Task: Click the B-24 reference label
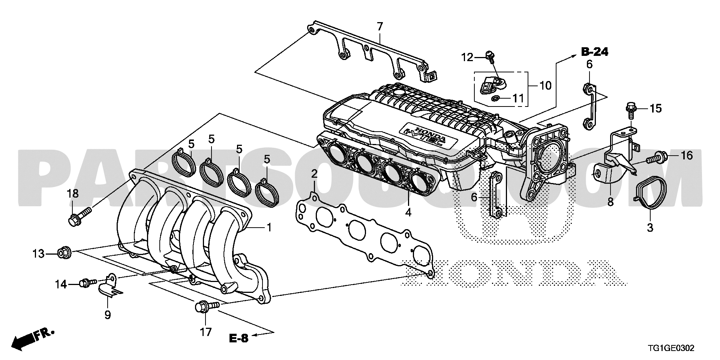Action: [594, 52]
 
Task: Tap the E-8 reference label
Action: [239, 338]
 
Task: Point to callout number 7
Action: [379, 27]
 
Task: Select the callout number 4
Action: [408, 213]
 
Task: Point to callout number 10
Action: [545, 85]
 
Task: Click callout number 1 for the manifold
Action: [268, 227]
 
